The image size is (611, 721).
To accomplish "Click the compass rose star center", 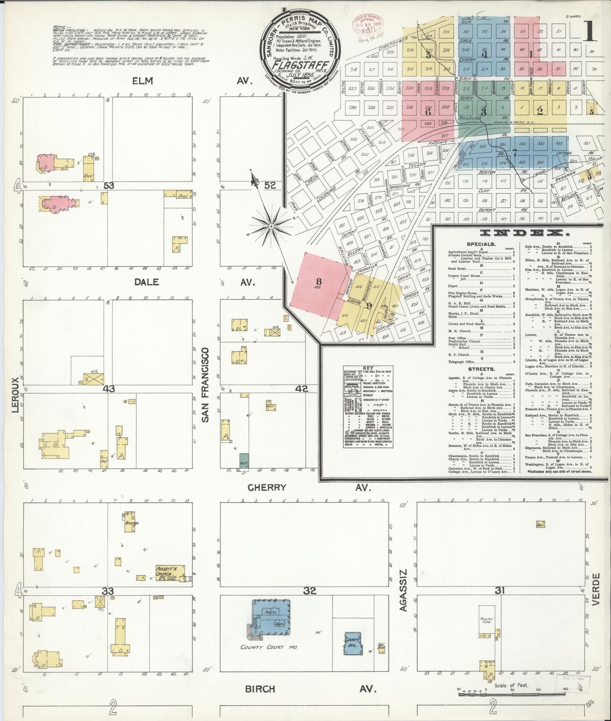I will [272, 226].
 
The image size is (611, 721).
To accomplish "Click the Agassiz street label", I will [404, 586].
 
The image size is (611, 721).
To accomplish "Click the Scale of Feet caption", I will [511, 675].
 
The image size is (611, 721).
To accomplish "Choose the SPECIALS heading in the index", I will [481, 244].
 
